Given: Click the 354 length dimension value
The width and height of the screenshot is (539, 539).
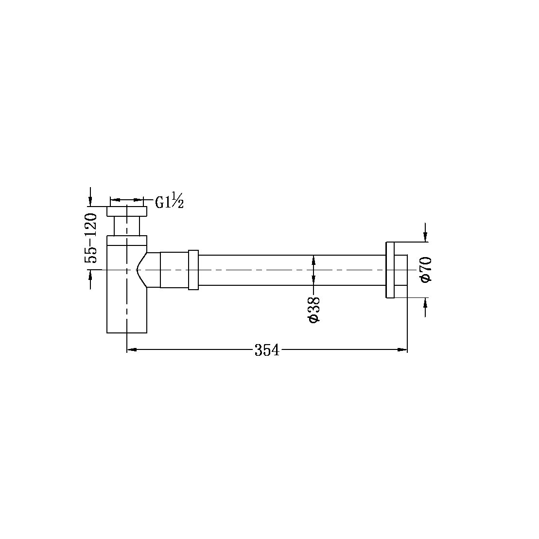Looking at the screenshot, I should pyautogui.click(x=267, y=349).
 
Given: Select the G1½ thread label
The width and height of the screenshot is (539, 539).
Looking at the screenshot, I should pyautogui.click(x=169, y=201).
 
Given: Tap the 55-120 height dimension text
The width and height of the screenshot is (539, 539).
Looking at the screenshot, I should pyautogui.click(x=91, y=238).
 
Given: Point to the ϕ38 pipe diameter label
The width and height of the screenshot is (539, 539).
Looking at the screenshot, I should pyautogui.click(x=313, y=309).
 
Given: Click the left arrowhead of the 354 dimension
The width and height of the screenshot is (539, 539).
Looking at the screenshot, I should pyautogui.click(x=131, y=349).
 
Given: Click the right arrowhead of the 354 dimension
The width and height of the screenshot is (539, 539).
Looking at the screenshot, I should pyautogui.click(x=402, y=349).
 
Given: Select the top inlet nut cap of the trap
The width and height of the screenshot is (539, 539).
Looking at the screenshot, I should pyautogui.click(x=127, y=211).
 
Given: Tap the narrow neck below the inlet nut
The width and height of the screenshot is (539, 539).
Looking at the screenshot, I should pyautogui.click(x=127, y=226).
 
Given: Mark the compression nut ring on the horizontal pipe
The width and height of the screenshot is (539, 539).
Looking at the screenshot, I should pyautogui.click(x=193, y=270).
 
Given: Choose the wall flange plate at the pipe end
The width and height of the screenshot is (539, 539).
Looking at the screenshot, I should pyautogui.click(x=390, y=269).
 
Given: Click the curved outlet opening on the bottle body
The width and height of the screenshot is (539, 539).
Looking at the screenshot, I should pyautogui.click(x=141, y=270).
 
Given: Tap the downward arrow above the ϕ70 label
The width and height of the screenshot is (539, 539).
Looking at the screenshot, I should pyautogui.click(x=425, y=236).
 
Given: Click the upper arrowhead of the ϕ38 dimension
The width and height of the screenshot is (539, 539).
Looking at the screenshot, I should pyautogui.click(x=313, y=259).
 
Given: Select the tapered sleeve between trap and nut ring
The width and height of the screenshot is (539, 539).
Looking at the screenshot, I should pyautogui.click(x=174, y=270).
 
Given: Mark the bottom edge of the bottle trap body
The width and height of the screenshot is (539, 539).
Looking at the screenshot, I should pyautogui.click(x=127, y=333).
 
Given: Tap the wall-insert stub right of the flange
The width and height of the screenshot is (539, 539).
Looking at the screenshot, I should pyautogui.click(x=400, y=269).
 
